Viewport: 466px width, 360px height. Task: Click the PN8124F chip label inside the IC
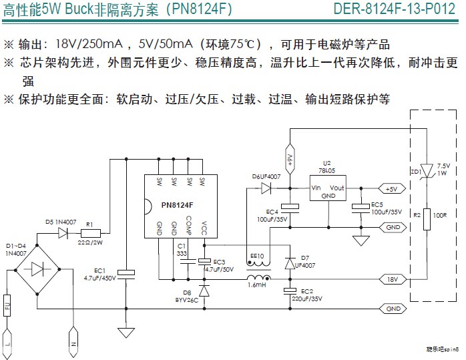[x=176, y=204]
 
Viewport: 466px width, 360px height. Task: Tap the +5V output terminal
[x=391, y=189]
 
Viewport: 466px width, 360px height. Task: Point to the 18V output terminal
[x=391, y=278]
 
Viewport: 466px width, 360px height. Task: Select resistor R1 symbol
[x=90, y=233]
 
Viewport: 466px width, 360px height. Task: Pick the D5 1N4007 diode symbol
[x=65, y=233]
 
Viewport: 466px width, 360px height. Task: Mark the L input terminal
[x=8, y=340]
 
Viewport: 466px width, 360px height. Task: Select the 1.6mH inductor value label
[x=257, y=287]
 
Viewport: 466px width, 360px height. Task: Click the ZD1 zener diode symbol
[x=426, y=170]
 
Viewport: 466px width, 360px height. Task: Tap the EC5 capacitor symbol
[x=361, y=207]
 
